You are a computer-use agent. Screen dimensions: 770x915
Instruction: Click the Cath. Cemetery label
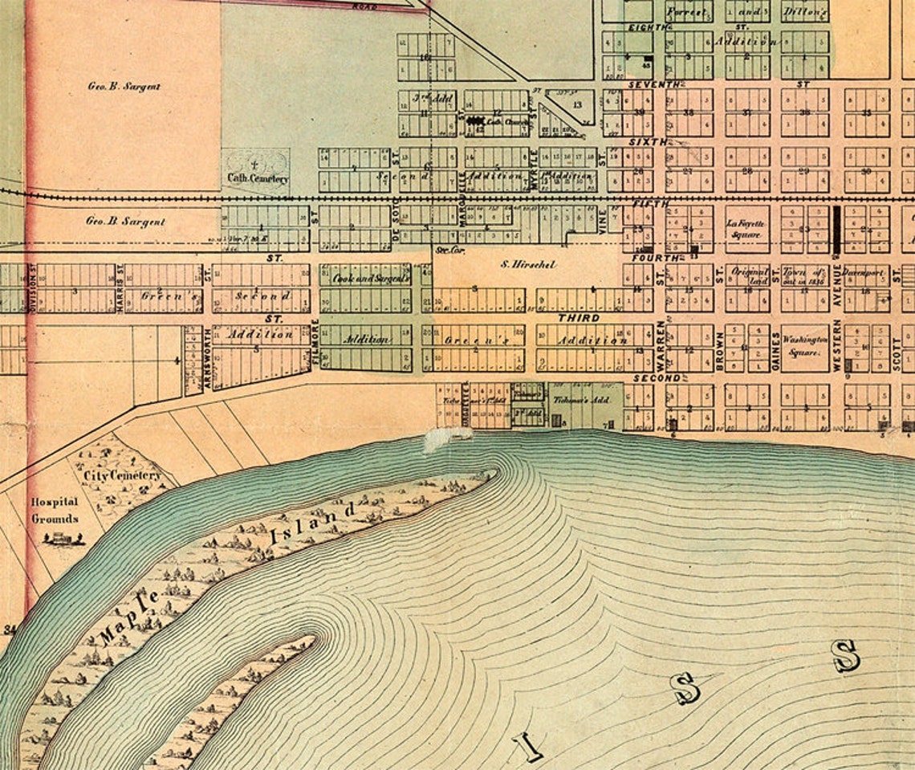point(257,178)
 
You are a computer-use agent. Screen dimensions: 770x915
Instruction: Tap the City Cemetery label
point(123,475)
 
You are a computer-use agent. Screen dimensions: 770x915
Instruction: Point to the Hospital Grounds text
point(55,510)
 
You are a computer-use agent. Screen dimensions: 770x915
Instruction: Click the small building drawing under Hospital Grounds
point(63,538)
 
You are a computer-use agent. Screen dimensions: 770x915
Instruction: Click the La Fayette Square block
point(746,229)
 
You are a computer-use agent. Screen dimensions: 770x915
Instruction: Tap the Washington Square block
point(805,346)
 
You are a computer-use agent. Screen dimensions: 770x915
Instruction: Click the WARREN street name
point(661,345)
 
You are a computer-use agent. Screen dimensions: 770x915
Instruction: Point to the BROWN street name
point(720,350)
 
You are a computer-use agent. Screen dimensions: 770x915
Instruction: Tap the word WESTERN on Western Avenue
point(836,345)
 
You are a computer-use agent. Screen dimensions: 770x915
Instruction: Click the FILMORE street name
point(315,344)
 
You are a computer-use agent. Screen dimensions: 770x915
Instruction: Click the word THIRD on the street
point(579,318)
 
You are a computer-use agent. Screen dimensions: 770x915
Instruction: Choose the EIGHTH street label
point(648,27)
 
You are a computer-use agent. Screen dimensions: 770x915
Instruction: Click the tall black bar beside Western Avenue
point(836,230)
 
